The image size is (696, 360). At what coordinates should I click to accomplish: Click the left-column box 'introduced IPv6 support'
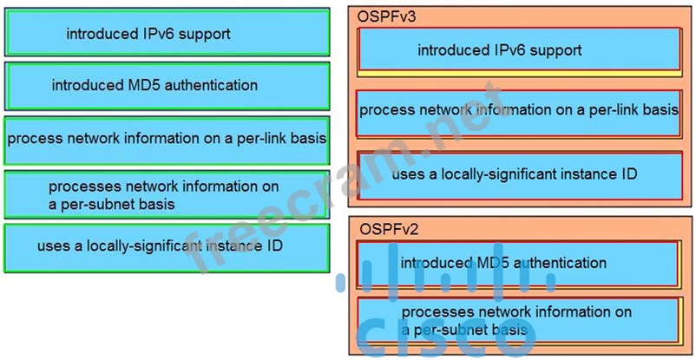[167, 34]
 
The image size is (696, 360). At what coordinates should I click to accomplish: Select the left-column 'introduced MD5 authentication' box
[167, 86]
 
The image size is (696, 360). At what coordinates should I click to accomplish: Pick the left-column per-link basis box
[167, 140]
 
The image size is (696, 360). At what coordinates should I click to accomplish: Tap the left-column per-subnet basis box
[167, 194]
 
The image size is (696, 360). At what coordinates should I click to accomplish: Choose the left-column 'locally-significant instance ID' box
[167, 246]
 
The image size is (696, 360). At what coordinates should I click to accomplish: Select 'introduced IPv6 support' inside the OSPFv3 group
[519, 50]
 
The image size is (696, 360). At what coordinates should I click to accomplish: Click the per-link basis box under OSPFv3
[519, 110]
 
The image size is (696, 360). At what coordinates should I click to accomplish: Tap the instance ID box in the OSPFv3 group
[519, 174]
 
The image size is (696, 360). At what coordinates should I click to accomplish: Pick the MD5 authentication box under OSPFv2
[519, 263]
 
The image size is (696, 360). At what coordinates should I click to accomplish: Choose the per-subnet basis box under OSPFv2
[519, 320]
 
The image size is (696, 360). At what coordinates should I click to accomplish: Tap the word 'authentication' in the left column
[211, 86]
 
